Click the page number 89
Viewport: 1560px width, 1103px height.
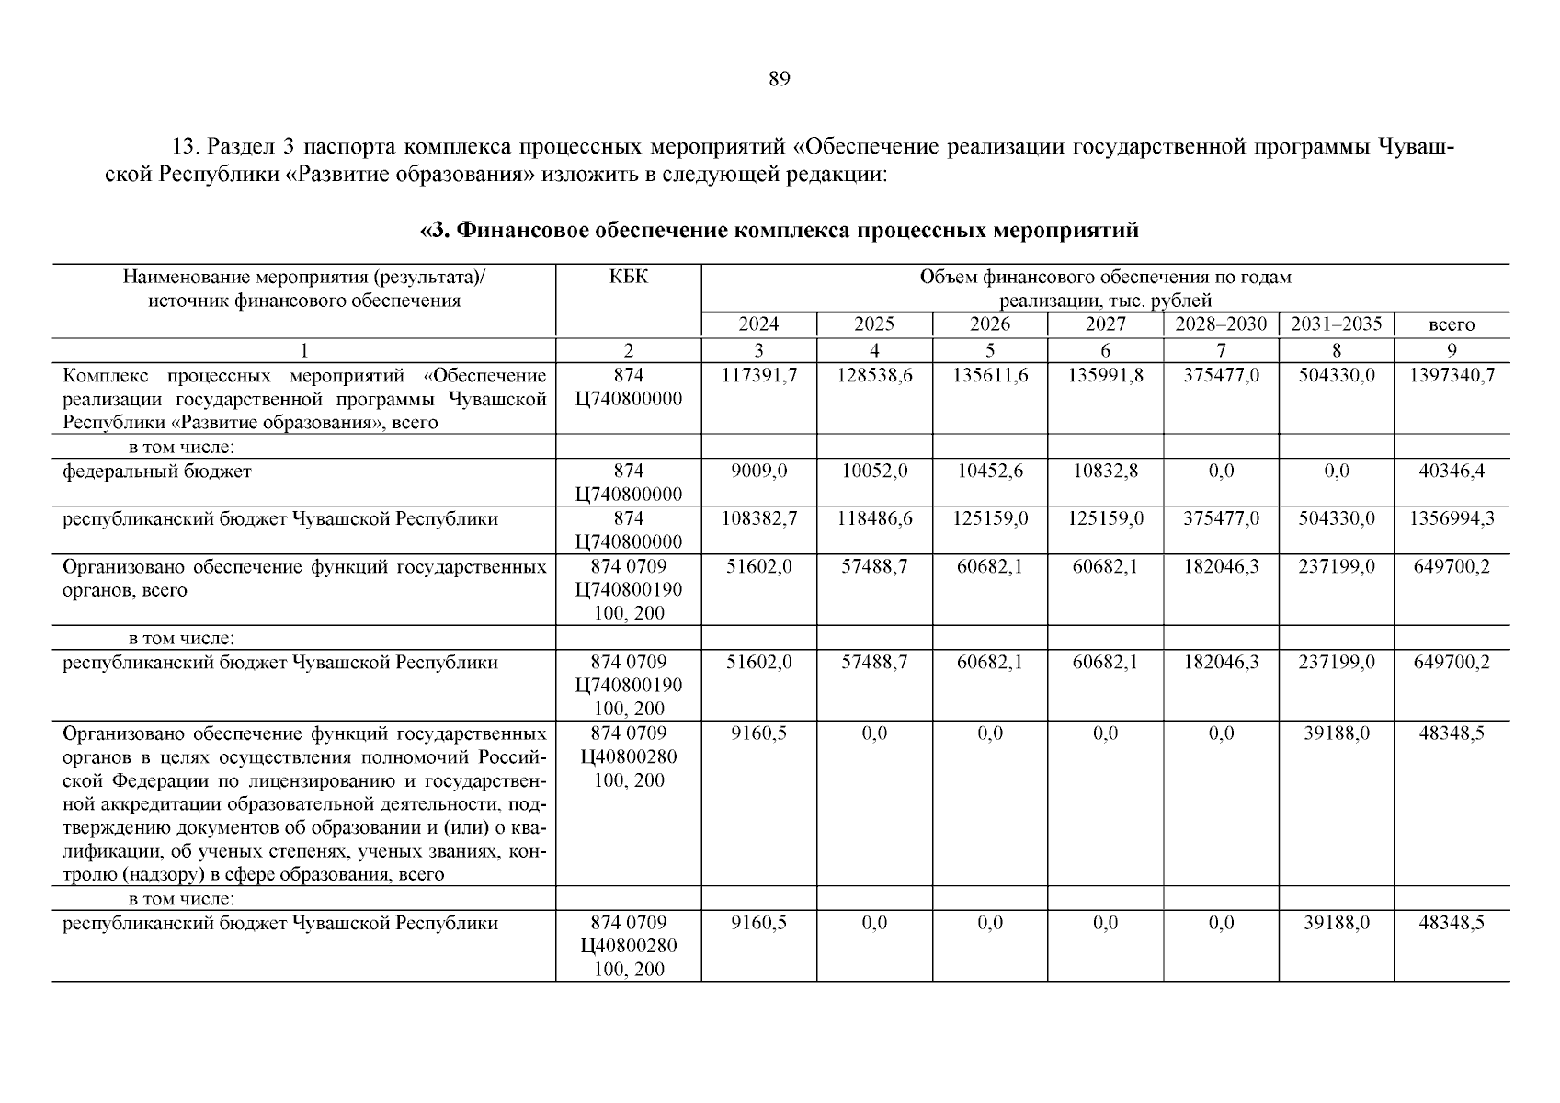[x=779, y=79]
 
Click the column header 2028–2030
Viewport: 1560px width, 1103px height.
[x=1221, y=324]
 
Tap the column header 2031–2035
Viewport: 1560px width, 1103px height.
[x=1336, y=324]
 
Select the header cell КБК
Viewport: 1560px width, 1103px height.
[x=629, y=277]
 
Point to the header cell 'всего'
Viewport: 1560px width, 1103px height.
[x=1452, y=325]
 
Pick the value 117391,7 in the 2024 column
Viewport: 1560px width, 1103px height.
[x=759, y=376]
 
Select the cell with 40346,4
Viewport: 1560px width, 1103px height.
[x=1452, y=472]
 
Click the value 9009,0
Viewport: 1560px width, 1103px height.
[x=759, y=472]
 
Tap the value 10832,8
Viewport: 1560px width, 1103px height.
[x=1105, y=472]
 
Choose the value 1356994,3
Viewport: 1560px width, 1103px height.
[x=1452, y=519]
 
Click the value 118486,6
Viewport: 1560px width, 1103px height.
[x=874, y=519]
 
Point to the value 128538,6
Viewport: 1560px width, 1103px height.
[x=874, y=376]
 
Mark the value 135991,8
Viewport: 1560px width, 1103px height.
[x=1105, y=376]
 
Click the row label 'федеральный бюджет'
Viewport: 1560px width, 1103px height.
[x=157, y=472]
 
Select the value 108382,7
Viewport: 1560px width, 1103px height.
[x=759, y=519]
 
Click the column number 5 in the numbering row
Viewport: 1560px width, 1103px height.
[x=990, y=350]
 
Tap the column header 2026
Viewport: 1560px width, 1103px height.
[x=990, y=324]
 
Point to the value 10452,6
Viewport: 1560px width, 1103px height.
[x=990, y=472]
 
